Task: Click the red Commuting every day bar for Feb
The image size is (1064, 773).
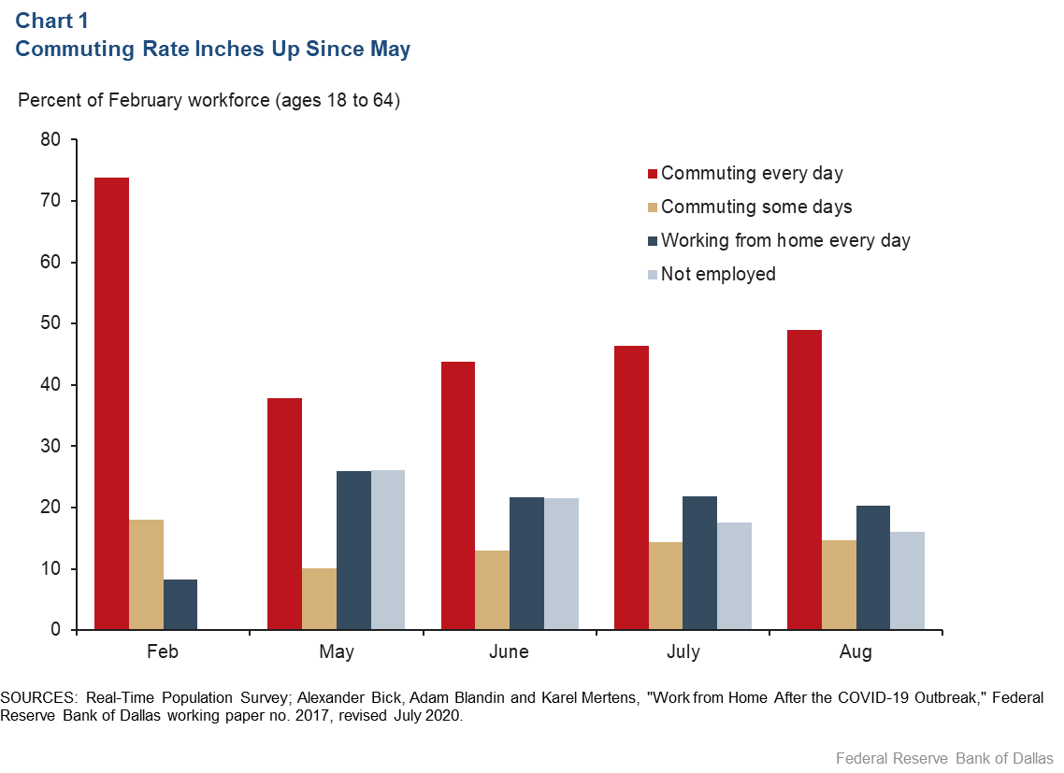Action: point(111,404)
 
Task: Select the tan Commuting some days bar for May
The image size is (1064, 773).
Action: point(319,599)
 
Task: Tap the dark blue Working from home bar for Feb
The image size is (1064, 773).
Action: point(180,605)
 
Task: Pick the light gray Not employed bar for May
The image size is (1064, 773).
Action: point(388,551)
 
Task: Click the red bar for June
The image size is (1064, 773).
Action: point(458,495)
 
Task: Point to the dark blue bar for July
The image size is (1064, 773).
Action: point(699,563)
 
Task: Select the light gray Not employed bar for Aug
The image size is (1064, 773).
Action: point(907,580)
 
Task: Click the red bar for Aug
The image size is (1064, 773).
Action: point(804,480)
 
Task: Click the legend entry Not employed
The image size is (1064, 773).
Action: point(718,274)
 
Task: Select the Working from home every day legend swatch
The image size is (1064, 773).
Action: point(654,241)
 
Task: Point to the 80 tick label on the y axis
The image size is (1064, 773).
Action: point(50,140)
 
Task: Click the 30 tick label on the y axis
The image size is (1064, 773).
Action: point(50,447)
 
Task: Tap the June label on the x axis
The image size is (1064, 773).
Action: point(509,652)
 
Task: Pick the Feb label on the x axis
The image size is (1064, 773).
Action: point(163,652)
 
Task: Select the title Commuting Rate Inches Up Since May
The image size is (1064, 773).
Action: point(213,49)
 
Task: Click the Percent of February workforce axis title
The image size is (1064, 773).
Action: point(209,100)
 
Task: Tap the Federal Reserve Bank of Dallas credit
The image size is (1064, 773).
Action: point(944,758)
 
